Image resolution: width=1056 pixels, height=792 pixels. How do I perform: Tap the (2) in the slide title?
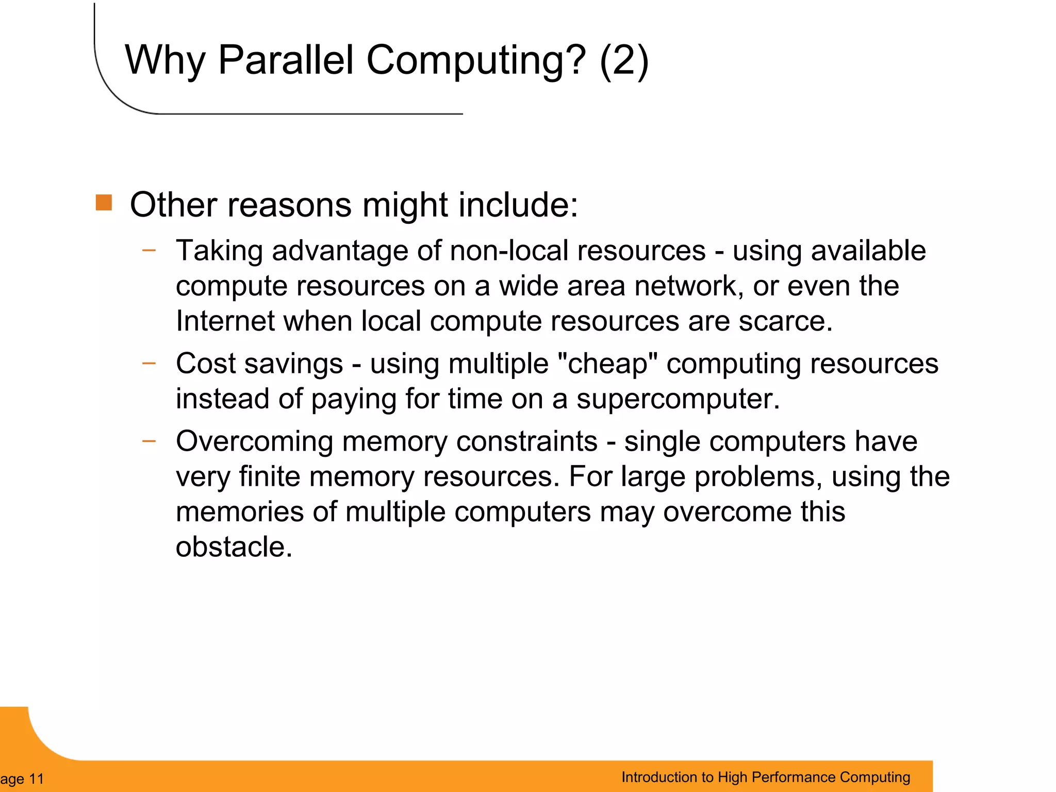pyautogui.click(x=624, y=61)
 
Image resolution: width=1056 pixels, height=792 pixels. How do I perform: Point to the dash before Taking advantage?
pyautogui.click(x=149, y=251)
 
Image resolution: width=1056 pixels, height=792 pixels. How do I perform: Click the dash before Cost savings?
pyautogui.click(x=149, y=363)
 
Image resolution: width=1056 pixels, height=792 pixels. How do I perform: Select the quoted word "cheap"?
pyautogui.click(x=607, y=364)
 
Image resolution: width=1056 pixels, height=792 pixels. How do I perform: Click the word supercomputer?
pyautogui.click(x=678, y=399)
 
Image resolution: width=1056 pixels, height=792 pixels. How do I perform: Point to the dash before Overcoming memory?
pyautogui.click(x=149, y=441)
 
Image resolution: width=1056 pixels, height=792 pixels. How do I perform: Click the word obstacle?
pyautogui.click(x=234, y=547)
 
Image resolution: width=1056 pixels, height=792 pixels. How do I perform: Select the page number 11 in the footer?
pyautogui.click(x=37, y=779)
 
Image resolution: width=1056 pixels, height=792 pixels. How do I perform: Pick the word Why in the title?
pyautogui.click(x=165, y=61)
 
